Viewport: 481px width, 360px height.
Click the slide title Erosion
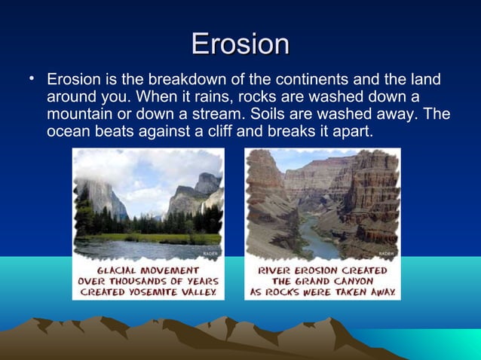(240, 44)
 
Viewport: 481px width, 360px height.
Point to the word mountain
(79, 114)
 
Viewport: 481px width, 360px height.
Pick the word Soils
(267, 114)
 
